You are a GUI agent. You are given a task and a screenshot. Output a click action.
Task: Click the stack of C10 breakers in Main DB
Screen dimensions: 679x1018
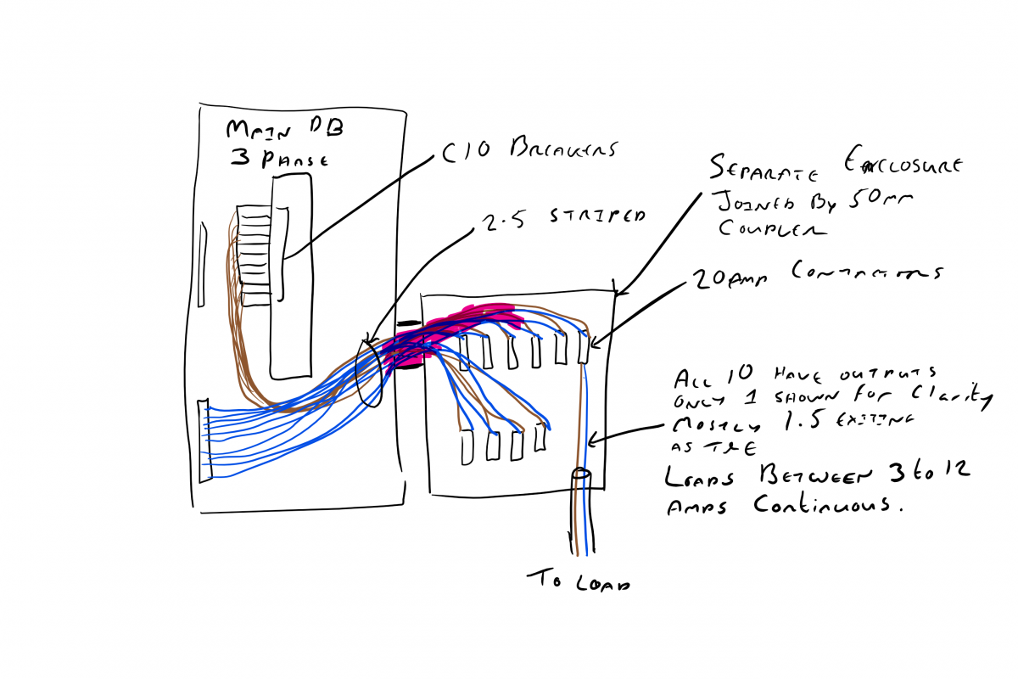(254, 255)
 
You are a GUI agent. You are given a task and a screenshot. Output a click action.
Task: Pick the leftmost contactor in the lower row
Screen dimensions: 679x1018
(467, 447)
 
